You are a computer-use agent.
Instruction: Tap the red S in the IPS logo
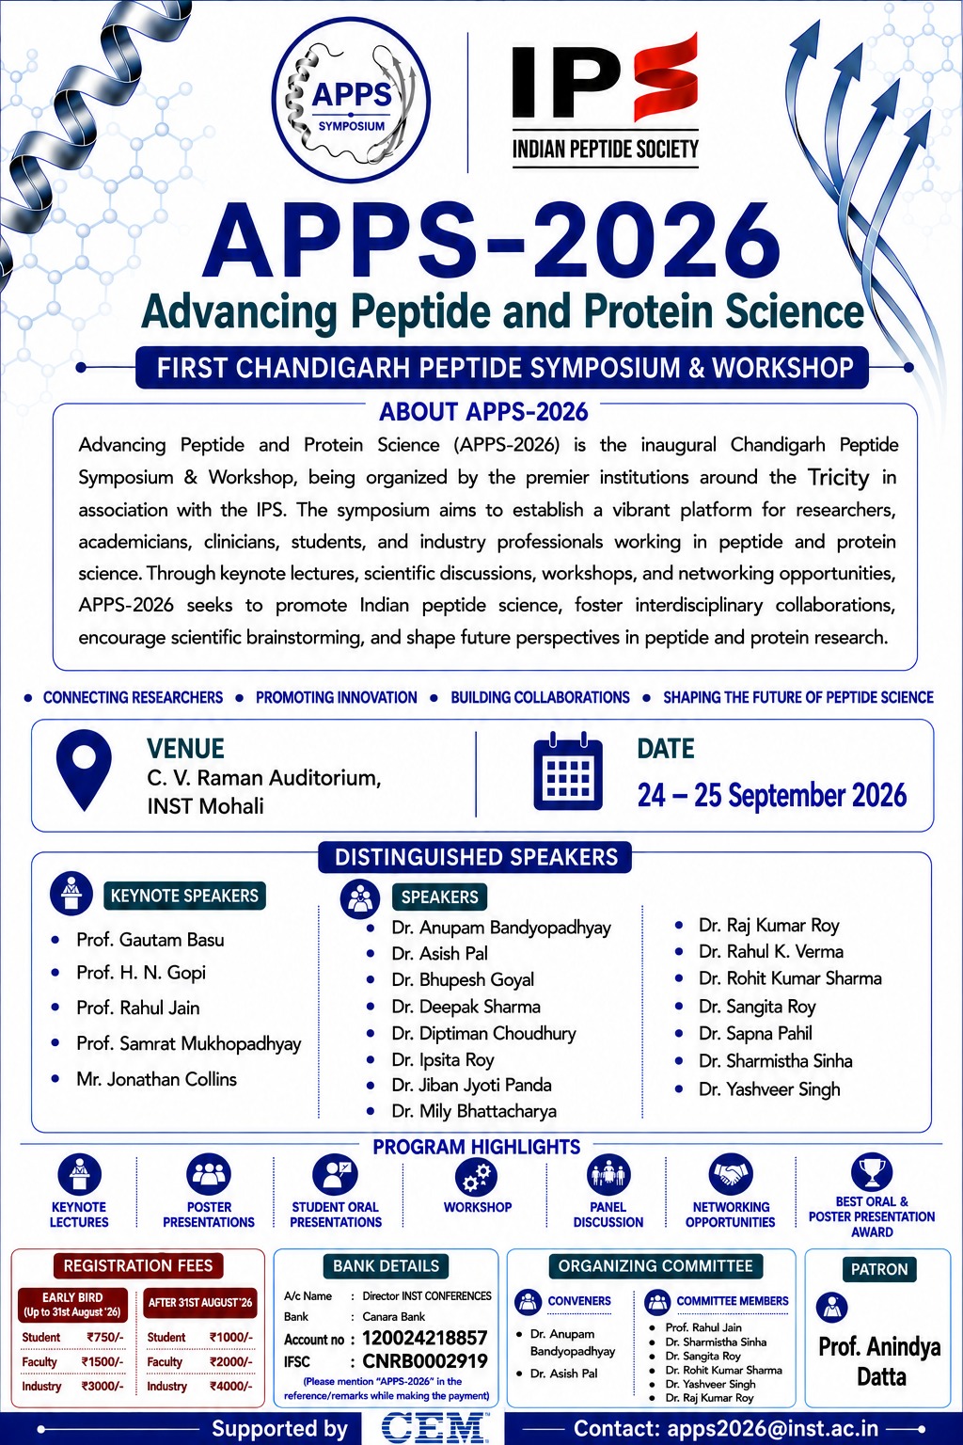[667, 77]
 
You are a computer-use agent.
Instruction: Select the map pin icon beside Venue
[84, 770]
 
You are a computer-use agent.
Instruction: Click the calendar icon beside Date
[568, 770]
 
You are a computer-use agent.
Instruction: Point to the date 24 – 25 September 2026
[772, 795]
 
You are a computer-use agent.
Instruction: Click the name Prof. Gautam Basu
[150, 939]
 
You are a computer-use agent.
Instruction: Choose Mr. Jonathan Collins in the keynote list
[157, 1079]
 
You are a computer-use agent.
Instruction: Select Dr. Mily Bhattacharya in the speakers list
[473, 1111]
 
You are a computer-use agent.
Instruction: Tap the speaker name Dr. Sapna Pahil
[755, 1034]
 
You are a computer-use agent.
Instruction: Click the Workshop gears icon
[477, 1176]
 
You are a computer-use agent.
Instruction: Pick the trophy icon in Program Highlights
[872, 1171]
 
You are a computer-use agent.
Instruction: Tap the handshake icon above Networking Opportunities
[730, 1174]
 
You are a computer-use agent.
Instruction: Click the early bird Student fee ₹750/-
[105, 1337]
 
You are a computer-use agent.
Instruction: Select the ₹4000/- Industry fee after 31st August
[231, 1387]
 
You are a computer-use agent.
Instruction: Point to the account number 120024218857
[424, 1338]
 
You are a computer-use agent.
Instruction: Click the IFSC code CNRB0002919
[424, 1361]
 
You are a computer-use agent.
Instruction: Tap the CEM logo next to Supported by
[433, 1427]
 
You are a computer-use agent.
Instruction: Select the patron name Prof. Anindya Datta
[880, 1361]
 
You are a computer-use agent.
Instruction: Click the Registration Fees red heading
[138, 1265]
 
